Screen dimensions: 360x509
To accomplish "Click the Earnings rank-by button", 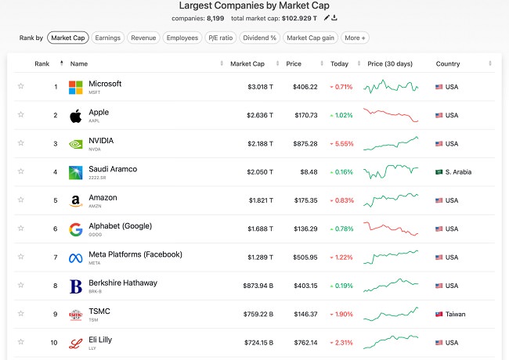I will coord(108,38).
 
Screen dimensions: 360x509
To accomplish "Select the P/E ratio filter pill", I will coord(220,38).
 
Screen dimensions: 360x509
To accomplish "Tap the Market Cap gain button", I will coord(310,38).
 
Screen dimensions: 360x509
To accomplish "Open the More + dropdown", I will coord(355,38).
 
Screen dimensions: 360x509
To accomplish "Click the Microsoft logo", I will coord(76,87).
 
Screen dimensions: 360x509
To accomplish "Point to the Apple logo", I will coord(76,116).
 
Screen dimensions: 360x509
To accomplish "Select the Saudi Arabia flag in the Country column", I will coord(439,172).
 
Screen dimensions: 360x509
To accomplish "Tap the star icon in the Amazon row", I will coord(21,200).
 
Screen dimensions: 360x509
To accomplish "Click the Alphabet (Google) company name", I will coord(121,226).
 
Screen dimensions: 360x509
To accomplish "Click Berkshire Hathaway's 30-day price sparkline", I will coord(392,286).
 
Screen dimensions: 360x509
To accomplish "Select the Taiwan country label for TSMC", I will coord(455,315).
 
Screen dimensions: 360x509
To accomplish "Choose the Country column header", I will coord(448,63).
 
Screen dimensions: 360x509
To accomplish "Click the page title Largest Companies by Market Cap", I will coord(254,5).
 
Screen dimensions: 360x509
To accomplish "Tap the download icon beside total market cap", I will coord(335,19).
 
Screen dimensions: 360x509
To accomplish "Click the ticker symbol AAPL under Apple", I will coord(95,121).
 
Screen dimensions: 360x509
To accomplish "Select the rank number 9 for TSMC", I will coord(56,315).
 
